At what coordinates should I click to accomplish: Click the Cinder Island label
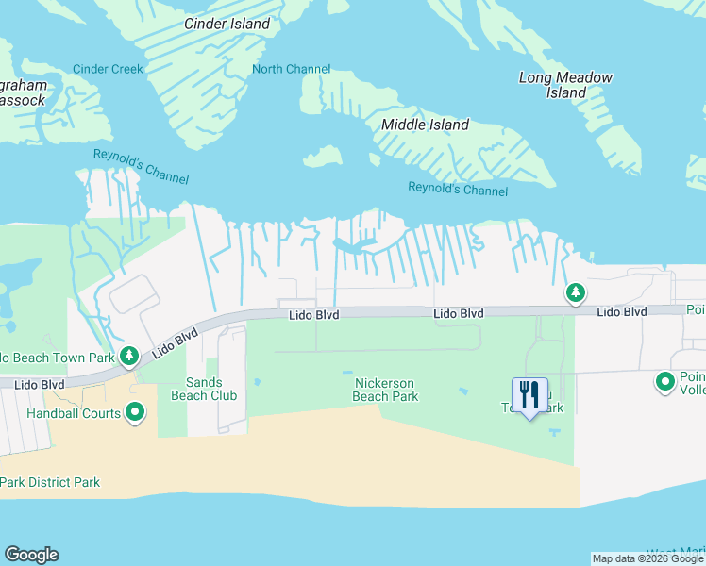click(x=227, y=24)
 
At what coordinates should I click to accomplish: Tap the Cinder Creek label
click(x=109, y=69)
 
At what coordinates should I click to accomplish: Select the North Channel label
click(x=292, y=69)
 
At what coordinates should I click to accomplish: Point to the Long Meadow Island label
click(x=565, y=85)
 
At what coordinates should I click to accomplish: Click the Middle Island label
click(x=425, y=125)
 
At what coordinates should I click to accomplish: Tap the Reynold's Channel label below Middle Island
click(x=458, y=190)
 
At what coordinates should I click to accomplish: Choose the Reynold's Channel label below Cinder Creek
click(x=141, y=167)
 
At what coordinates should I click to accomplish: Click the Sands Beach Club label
click(x=203, y=389)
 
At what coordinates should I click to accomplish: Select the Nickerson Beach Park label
click(x=385, y=390)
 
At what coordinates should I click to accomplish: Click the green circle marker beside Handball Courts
click(x=135, y=412)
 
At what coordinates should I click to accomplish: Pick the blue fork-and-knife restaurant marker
click(x=529, y=395)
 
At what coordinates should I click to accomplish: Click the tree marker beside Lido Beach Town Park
click(x=130, y=356)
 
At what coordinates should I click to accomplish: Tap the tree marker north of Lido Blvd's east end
click(x=575, y=293)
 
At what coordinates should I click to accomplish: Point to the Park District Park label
click(x=50, y=482)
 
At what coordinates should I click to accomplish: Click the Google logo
click(x=31, y=555)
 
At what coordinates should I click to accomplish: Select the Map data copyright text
click(x=647, y=558)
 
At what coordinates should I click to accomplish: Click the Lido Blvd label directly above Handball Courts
click(x=40, y=385)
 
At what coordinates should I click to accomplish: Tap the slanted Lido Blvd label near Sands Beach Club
click(x=175, y=342)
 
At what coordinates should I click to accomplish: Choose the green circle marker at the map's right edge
click(x=665, y=382)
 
